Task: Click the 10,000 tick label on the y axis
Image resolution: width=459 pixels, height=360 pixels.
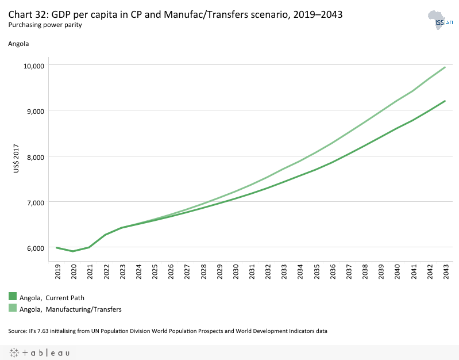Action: tap(34, 66)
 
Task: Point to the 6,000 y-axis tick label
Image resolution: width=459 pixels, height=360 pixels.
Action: tap(36, 248)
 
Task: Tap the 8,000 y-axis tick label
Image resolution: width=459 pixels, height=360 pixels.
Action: tap(36, 156)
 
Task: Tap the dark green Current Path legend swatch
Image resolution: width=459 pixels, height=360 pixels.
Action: tap(13, 297)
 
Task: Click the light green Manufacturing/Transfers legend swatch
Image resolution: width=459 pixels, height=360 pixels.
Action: tap(13, 309)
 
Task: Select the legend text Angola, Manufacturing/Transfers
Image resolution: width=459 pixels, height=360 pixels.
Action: tap(70, 309)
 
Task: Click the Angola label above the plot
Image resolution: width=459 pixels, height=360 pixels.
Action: tap(18, 43)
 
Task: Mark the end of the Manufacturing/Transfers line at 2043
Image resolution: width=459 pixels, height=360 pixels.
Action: tap(445, 67)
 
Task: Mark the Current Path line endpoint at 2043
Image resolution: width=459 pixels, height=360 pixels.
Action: tap(445, 101)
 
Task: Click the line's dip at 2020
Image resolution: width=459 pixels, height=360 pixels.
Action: tap(73, 251)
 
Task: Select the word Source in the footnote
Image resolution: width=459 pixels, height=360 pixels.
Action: tap(18, 331)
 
